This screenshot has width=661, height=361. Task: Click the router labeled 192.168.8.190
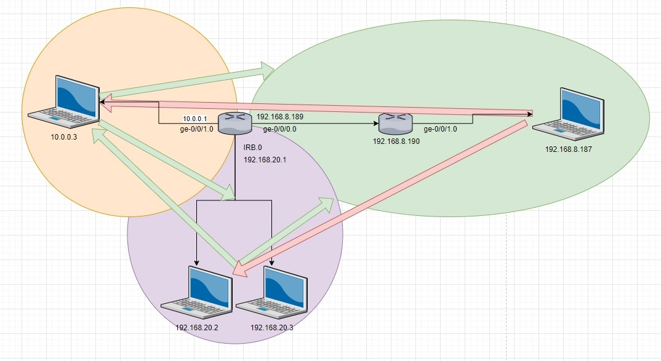[x=394, y=124]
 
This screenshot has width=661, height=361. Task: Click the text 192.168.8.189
[x=281, y=116]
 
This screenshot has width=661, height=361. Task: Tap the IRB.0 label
[x=252, y=148]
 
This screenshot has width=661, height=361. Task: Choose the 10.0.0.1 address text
[x=194, y=118]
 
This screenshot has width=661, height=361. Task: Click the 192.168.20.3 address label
[x=272, y=327]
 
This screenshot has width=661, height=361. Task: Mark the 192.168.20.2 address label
[x=197, y=327]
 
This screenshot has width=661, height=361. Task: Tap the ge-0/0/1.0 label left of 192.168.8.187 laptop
[x=440, y=129]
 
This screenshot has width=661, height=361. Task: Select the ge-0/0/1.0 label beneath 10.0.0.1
[x=196, y=129]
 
